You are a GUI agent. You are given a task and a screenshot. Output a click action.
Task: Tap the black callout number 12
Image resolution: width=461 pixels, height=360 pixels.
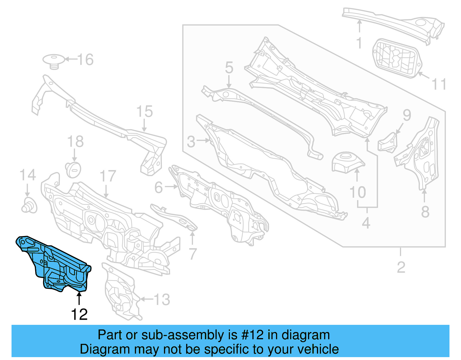[x=79, y=314]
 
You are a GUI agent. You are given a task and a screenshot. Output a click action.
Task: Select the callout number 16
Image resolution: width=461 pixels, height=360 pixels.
[x=85, y=60]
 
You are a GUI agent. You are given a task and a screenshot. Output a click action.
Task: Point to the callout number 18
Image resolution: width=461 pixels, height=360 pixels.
[x=75, y=142]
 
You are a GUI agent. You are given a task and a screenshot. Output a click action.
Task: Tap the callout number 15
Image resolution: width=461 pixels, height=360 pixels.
[x=144, y=111]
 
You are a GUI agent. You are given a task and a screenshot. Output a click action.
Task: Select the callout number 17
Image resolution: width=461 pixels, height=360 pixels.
[x=108, y=176]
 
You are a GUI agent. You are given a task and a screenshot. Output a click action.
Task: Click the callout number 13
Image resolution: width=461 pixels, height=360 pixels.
[x=162, y=299]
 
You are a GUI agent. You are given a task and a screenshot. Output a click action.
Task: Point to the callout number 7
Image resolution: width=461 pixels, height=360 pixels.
[x=193, y=254]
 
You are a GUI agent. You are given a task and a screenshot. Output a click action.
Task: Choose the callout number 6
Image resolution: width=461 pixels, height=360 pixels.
[x=159, y=187]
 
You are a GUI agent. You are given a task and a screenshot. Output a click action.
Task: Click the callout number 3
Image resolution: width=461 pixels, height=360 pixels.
[x=191, y=142]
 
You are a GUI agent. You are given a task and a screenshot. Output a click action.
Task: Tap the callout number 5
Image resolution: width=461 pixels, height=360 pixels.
[x=229, y=68]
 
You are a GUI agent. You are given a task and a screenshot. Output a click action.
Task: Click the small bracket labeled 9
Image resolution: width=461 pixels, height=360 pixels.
[x=388, y=143]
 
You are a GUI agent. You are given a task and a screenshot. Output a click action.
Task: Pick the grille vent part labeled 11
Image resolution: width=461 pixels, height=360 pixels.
[x=397, y=59]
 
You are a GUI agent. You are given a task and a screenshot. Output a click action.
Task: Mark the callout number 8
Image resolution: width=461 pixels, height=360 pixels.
[x=425, y=212]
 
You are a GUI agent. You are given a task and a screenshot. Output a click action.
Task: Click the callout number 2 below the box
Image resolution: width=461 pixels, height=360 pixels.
[x=401, y=267]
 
